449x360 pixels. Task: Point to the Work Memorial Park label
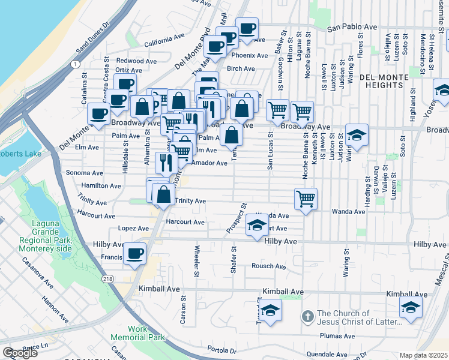tap(146, 334)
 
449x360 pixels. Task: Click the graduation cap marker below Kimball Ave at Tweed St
tap(271, 311)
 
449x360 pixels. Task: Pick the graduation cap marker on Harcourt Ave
tap(256, 226)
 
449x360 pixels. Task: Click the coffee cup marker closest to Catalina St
tap(98, 113)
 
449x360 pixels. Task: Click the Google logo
tap(20, 353)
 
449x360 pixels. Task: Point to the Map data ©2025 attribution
tap(423, 355)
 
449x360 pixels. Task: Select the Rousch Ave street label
tap(268, 266)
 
